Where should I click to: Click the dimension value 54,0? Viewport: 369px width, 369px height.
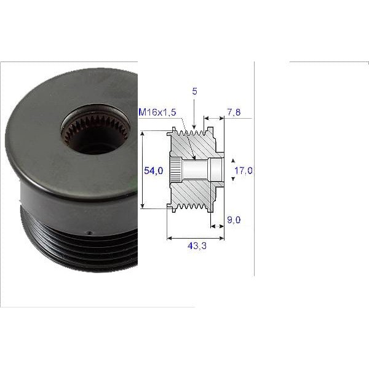click(153, 171)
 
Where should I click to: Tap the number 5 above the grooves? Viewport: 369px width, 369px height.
click(194, 91)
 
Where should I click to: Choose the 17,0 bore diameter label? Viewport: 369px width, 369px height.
click(244, 170)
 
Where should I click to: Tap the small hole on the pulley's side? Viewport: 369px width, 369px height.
click(90, 233)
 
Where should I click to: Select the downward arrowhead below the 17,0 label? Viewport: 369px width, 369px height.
click(233, 178)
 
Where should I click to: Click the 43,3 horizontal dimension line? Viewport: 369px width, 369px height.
click(196, 237)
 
